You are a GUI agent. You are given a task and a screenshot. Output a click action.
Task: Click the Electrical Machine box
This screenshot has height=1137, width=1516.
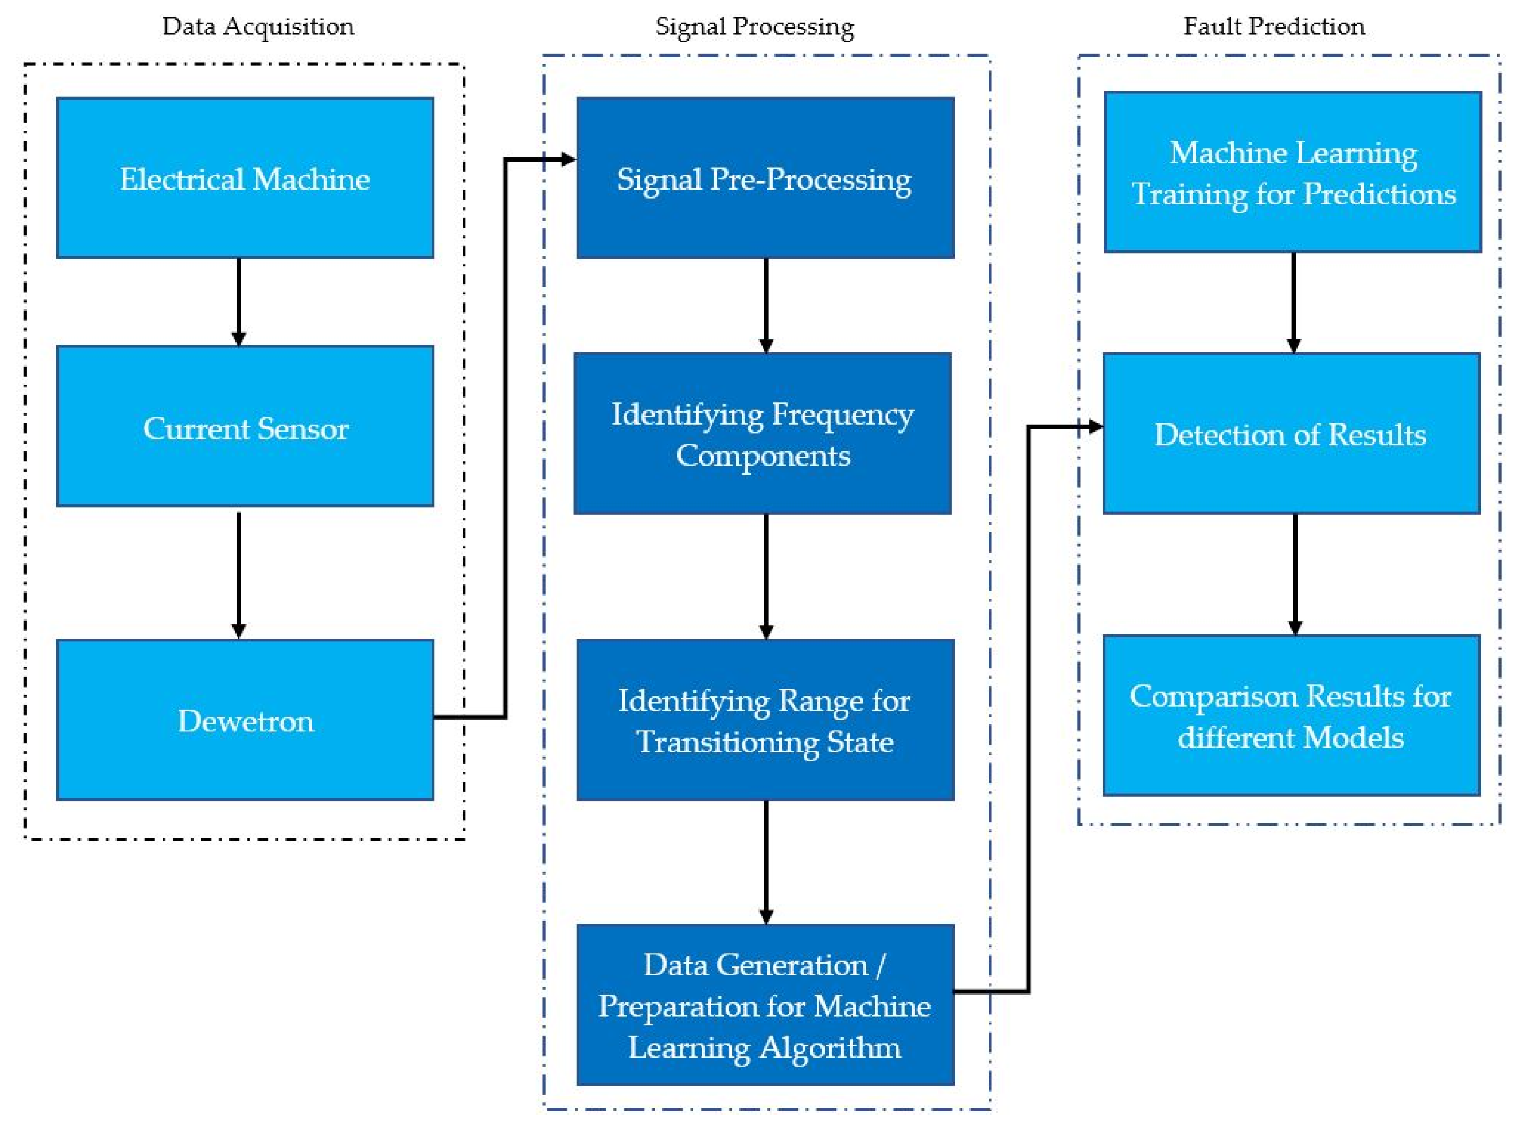[x=245, y=178]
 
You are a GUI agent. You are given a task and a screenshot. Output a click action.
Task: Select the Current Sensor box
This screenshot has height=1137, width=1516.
[x=245, y=426]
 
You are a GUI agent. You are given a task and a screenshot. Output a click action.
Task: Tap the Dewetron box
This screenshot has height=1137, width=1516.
[x=245, y=719]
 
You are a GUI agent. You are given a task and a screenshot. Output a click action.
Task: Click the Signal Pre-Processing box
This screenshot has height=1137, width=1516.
[x=765, y=178]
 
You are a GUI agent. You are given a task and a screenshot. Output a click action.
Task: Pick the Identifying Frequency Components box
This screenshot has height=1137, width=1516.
[x=762, y=433]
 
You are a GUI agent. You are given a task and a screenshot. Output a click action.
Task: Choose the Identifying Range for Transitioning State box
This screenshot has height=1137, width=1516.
[x=765, y=719]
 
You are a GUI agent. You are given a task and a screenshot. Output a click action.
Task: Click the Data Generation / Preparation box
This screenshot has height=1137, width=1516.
[x=765, y=1005]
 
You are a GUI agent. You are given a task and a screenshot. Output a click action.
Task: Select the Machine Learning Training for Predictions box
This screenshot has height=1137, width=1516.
[x=1292, y=172]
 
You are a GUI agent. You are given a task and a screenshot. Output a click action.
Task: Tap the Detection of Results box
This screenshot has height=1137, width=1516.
[x=1291, y=433]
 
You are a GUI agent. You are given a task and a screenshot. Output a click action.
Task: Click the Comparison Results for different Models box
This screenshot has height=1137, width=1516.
[x=1291, y=715]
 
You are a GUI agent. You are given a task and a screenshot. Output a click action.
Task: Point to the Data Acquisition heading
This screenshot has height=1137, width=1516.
[x=258, y=26]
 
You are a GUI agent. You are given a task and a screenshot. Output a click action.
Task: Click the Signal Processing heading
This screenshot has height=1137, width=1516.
[x=754, y=26]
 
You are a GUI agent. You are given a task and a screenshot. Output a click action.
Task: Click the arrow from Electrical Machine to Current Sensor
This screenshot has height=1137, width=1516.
[x=238, y=301]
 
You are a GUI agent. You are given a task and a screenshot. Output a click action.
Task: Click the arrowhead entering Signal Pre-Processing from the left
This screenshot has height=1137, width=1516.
[x=567, y=160]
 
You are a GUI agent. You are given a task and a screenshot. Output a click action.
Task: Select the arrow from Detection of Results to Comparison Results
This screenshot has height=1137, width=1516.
[x=1295, y=574]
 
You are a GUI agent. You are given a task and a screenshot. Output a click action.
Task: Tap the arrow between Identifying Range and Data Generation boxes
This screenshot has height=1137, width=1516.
[x=766, y=862]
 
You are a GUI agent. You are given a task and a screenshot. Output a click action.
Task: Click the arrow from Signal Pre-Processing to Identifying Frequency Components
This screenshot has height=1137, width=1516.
[x=766, y=305]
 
